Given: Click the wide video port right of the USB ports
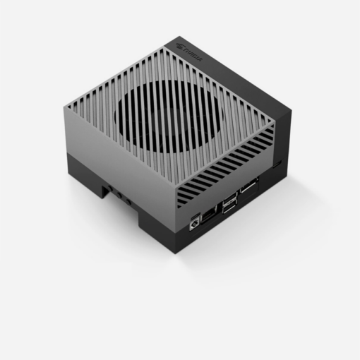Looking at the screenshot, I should [248, 190].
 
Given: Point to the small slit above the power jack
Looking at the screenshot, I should [194, 211].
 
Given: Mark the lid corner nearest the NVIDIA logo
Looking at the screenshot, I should [169, 44].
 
